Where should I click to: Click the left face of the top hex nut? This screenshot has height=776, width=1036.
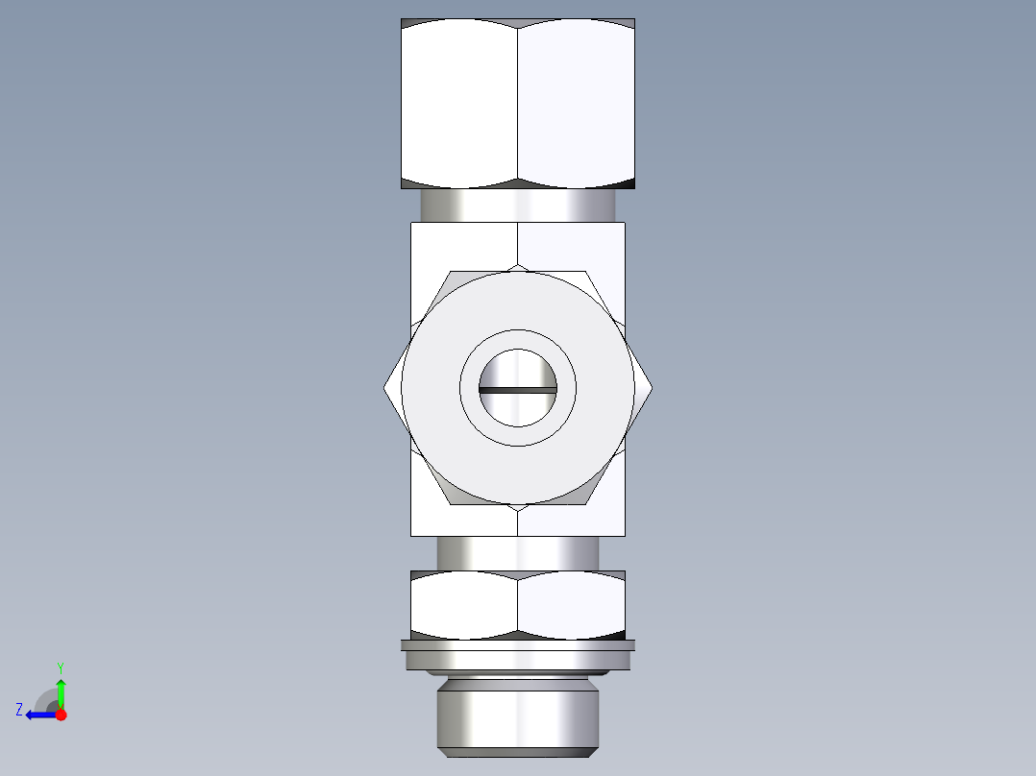point(459,103)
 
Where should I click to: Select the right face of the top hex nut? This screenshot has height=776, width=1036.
point(576,103)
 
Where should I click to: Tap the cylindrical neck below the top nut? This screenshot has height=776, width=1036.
point(518,205)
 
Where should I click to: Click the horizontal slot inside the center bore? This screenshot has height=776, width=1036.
point(518,390)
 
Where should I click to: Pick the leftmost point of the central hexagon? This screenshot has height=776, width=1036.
point(384,388)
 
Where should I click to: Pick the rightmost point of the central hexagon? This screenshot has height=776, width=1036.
point(653,388)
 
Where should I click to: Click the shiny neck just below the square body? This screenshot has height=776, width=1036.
point(518,553)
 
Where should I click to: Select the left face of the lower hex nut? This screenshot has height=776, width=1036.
point(464,605)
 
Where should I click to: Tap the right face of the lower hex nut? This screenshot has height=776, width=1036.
point(571,605)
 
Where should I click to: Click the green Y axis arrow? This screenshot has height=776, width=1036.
point(61,691)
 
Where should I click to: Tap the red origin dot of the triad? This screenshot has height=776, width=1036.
point(61,715)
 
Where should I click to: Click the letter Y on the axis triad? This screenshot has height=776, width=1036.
point(61,667)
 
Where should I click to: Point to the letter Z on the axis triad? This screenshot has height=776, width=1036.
point(19,710)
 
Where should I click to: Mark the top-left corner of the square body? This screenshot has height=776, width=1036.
point(411,224)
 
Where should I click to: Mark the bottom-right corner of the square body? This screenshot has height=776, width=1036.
point(624,534)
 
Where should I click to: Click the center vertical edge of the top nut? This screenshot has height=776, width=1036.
point(518,103)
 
